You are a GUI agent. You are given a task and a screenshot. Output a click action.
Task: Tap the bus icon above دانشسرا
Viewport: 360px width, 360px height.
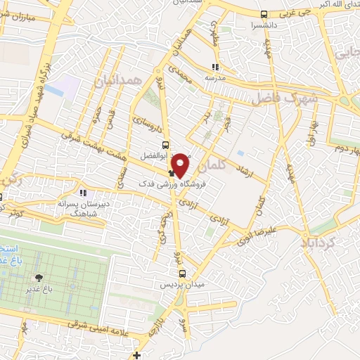(x=264, y=13)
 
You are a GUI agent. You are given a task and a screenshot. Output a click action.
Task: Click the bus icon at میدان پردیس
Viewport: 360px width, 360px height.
(x=182, y=274)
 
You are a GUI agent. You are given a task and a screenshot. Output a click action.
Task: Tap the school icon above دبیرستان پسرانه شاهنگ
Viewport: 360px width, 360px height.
(x=83, y=193)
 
